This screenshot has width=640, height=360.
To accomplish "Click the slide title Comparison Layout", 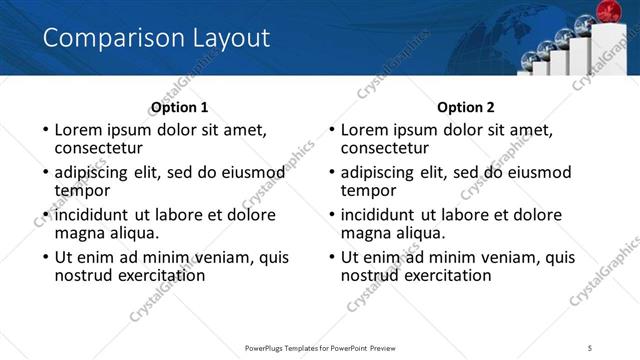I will point(156,39).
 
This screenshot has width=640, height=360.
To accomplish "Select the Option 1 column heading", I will point(180,107).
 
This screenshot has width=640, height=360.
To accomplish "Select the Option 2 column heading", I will point(466,107).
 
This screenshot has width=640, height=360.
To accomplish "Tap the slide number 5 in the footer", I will point(590,347).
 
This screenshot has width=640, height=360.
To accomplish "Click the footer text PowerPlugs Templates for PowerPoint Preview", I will point(320,347).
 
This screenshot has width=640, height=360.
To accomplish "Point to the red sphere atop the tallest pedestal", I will point(606,12).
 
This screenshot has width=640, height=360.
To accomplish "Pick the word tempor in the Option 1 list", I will point(82,191).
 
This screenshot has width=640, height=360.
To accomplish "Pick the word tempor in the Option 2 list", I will point(368,191).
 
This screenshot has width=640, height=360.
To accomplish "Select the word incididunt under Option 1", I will point(96,214).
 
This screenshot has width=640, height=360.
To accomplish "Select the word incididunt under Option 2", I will point(382,214).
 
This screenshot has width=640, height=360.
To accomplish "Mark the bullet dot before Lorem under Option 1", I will point(45,131).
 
